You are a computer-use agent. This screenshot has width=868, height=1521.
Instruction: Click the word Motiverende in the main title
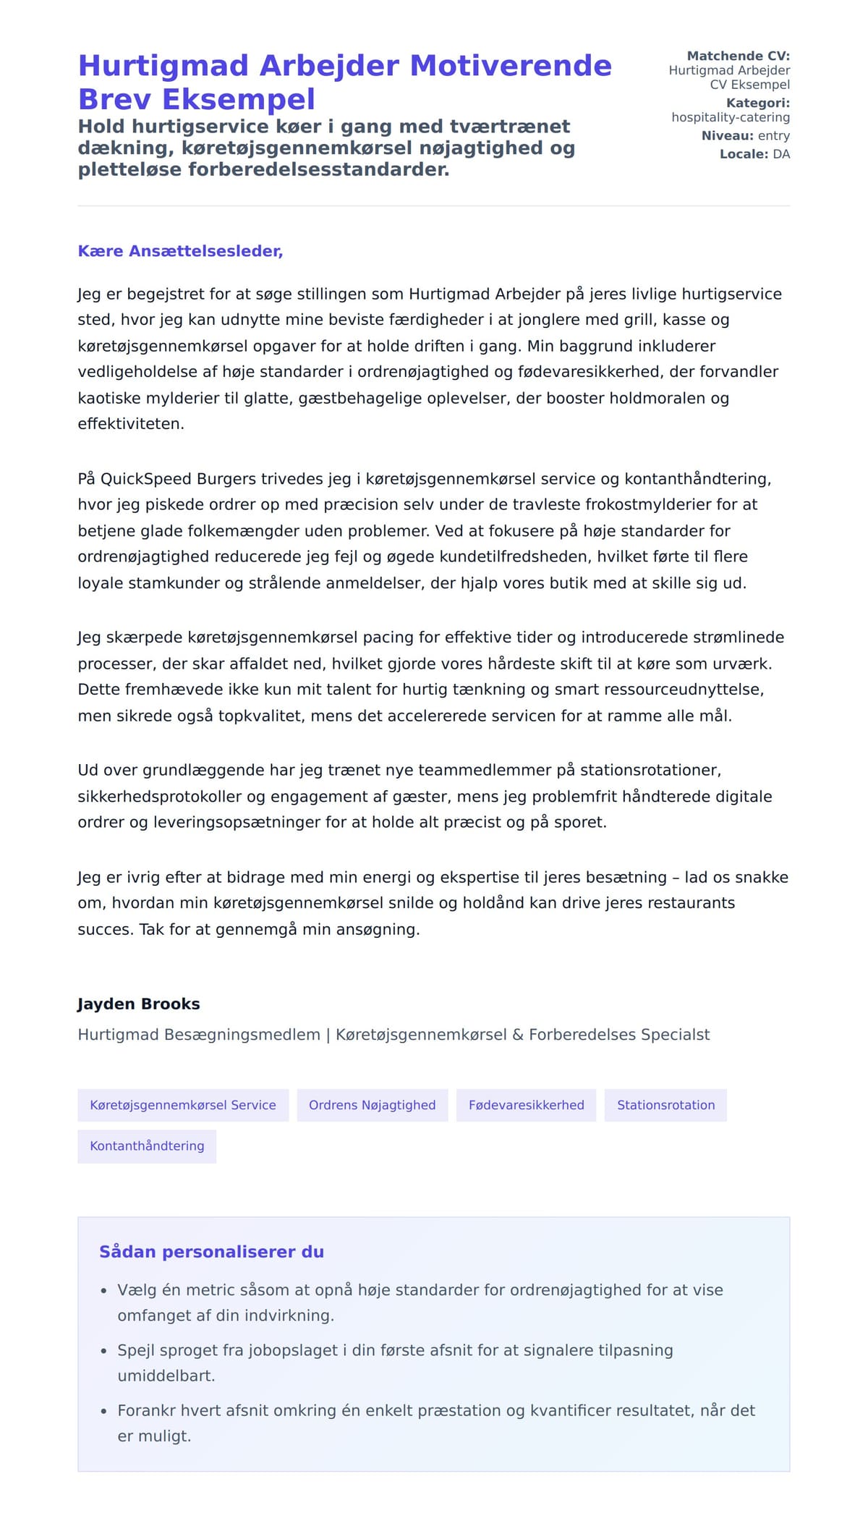[x=510, y=66]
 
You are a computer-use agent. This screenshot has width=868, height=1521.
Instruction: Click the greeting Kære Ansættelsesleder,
[x=180, y=251]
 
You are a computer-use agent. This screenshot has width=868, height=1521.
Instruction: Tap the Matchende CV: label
[x=738, y=56]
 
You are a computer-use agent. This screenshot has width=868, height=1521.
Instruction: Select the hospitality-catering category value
[x=730, y=117]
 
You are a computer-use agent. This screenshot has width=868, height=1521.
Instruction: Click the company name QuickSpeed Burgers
[x=178, y=479]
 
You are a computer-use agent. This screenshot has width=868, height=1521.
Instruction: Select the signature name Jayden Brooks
[x=139, y=1004]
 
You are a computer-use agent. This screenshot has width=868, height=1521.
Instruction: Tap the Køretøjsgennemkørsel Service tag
[x=183, y=1105]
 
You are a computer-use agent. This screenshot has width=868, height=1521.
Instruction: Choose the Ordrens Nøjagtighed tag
[x=372, y=1105]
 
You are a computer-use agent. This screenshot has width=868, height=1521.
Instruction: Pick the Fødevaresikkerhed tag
[x=526, y=1105]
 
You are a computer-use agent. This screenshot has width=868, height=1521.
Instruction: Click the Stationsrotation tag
[x=665, y=1105]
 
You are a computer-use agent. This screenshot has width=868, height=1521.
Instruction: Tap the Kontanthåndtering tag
[x=147, y=1145]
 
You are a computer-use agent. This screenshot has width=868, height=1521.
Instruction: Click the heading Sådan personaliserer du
[x=211, y=1252]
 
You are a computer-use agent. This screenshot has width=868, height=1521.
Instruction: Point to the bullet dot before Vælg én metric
[x=103, y=1291]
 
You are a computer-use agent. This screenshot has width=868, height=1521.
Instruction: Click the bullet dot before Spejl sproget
[x=103, y=1351]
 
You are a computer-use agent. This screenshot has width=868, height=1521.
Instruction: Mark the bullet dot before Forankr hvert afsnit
[x=103, y=1411]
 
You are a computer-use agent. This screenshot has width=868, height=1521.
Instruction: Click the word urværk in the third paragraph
[x=745, y=664]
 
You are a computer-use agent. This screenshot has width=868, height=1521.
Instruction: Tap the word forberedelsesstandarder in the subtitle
[x=318, y=169]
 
